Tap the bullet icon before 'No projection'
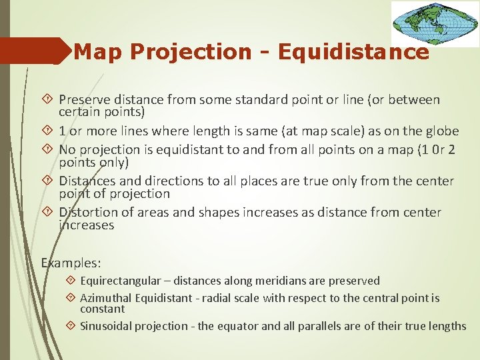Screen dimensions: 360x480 [x=47, y=149]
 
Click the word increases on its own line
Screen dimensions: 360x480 [x=86, y=225]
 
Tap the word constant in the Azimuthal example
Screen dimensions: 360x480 [x=102, y=309]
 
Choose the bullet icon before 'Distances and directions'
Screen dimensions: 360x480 [x=47, y=180]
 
